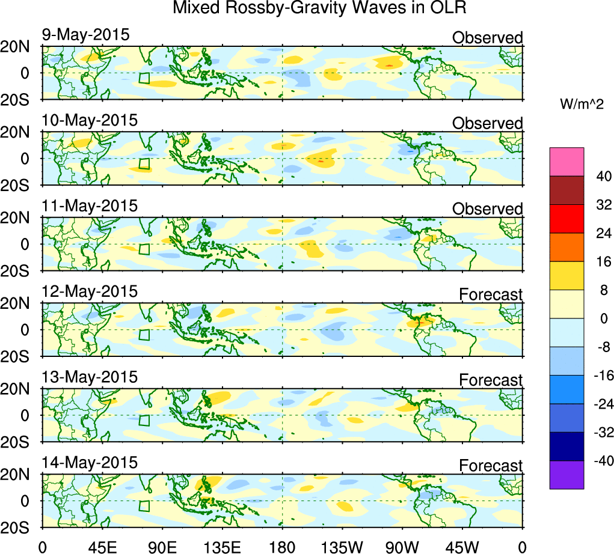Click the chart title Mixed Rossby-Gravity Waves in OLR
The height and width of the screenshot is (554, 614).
pos(319,10)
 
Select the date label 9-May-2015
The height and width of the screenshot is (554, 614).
pos(85,35)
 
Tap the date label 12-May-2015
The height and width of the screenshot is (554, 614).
pos(90,291)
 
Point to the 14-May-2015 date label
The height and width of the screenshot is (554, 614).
pos(90,463)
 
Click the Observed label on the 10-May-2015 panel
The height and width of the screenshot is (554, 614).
pos(487,123)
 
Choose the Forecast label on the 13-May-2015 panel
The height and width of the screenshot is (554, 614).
pos(491,380)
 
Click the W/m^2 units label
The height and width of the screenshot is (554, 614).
pos(582,105)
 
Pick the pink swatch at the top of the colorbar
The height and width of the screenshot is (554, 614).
pos(566,162)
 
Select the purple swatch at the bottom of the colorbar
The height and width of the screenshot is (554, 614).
pos(566,475)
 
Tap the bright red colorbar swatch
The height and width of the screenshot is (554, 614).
pos(566,219)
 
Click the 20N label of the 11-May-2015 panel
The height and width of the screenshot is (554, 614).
pos(20,218)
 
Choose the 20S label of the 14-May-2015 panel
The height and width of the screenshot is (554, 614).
pos(20,527)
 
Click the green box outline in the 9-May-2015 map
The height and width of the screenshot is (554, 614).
pos(144,78)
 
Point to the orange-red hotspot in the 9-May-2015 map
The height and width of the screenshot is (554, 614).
pos(389,65)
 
